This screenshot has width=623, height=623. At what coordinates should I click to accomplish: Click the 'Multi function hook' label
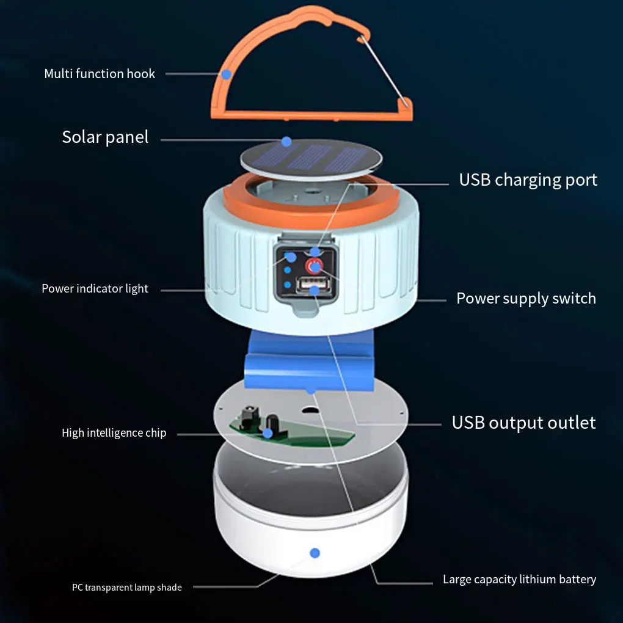[x=100, y=74]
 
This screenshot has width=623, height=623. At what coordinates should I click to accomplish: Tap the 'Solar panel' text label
[x=105, y=137]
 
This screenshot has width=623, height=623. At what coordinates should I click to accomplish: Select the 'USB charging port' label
[x=528, y=180]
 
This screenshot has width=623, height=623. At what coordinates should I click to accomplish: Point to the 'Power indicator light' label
[x=95, y=288]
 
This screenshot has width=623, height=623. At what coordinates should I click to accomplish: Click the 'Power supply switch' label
[x=526, y=298]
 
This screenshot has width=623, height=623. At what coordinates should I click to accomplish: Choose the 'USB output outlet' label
[x=523, y=423]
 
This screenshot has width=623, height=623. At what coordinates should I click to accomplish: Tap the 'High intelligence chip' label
[x=114, y=433]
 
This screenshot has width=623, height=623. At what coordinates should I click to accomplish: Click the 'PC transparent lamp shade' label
[x=126, y=588]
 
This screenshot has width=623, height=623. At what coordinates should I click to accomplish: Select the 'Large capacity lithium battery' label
[x=519, y=580]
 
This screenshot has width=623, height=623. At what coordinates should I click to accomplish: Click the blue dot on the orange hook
[x=227, y=75]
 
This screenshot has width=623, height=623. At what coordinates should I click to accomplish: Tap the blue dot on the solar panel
[x=286, y=141]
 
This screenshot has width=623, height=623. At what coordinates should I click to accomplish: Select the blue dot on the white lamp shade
[x=315, y=553]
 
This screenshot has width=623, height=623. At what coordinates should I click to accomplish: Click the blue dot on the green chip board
[x=268, y=433]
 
